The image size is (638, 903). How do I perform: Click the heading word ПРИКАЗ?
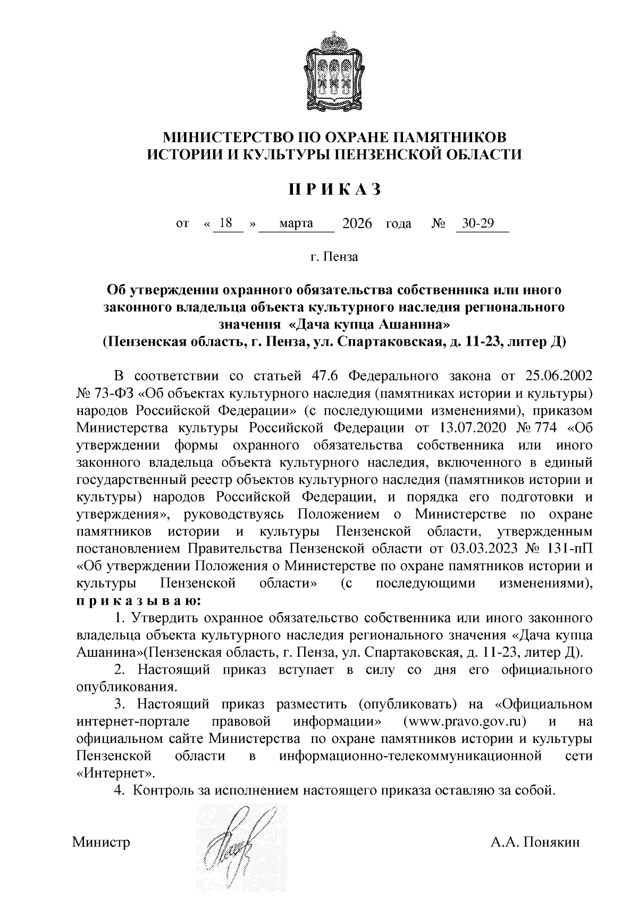tap(335, 190)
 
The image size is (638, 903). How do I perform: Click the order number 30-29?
tap(477, 223)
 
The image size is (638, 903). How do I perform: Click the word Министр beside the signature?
tap(101, 843)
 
